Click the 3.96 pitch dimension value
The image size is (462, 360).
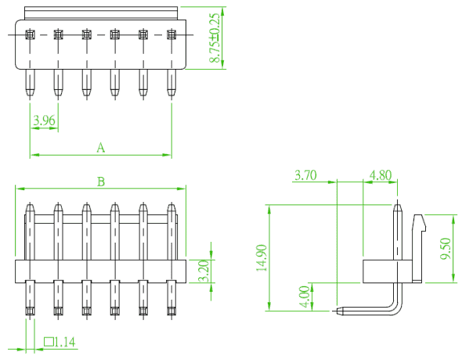click(44, 121)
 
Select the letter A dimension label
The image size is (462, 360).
click(101, 147)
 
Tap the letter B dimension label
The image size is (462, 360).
click(101, 182)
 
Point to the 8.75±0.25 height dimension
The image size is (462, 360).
click(215, 38)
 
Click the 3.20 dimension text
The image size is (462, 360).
click(204, 271)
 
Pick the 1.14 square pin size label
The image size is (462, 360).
click(65, 342)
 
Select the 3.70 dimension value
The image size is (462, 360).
click(305, 175)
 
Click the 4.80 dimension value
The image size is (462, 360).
click(381, 175)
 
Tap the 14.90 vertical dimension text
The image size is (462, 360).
click(262, 257)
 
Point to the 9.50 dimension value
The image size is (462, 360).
click(446, 249)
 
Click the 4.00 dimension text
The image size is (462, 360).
click(305, 297)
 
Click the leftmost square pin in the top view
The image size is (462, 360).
click(30, 34)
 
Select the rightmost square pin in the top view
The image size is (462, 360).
click(171, 34)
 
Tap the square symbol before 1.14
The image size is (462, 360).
click(49, 342)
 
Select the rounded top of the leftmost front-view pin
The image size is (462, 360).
click(30, 207)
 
